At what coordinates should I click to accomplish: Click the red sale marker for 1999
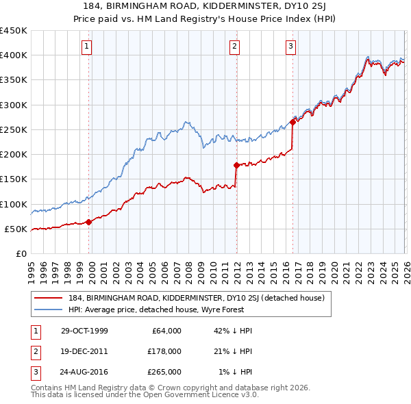(x=89, y=222)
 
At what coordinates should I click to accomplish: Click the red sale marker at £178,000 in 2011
(x=236, y=165)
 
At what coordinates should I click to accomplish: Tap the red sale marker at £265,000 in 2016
(x=292, y=122)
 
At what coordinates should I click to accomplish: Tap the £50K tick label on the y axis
(x=16, y=229)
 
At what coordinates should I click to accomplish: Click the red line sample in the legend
(x=49, y=298)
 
